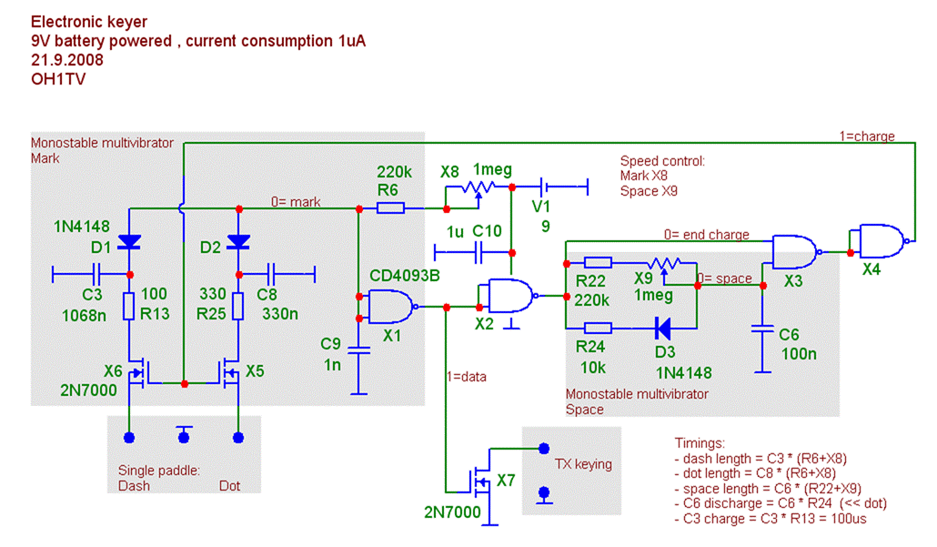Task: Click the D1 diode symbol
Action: tap(128, 242)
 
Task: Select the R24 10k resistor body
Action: tap(597, 328)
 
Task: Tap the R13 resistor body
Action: tap(128, 306)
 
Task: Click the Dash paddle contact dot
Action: tap(128, 438)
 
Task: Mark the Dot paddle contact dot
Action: tap(238, 438)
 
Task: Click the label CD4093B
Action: tap(405, 276)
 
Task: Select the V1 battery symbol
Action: tap(545, 187)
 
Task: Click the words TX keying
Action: tap(583, 464)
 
